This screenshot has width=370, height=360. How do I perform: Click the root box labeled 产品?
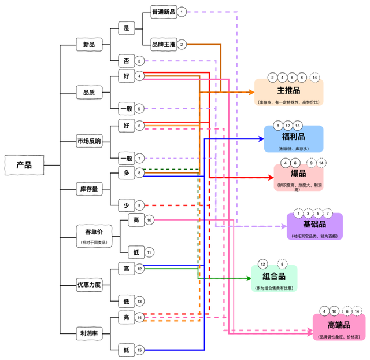pos(24,165)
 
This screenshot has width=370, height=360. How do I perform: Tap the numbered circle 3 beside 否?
pos(139,61)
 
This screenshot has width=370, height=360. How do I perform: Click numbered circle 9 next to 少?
pos(139,205)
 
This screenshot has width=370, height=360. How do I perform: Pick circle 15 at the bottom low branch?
pos(139,350)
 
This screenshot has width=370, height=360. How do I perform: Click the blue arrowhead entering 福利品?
pos(260,139)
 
